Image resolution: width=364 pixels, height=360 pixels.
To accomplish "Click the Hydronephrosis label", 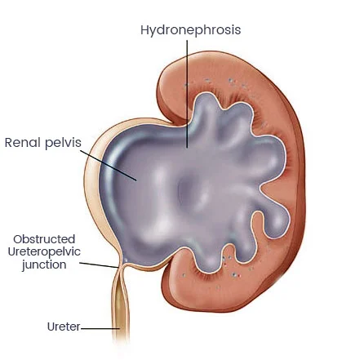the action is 190,30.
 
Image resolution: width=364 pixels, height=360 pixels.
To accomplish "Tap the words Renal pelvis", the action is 43,143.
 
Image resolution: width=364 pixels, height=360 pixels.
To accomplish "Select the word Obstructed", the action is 44,239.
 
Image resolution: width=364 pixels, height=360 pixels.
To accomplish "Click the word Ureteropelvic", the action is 44,251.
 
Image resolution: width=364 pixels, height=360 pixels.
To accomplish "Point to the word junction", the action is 44,264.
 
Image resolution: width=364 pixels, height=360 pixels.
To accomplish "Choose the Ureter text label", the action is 64,327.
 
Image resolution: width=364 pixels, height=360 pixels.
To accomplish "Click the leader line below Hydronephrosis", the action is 187,94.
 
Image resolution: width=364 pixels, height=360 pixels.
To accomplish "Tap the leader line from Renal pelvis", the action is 109,165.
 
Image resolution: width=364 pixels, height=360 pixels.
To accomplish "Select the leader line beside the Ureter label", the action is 100,328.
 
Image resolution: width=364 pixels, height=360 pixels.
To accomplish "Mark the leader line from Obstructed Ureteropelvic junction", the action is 99,265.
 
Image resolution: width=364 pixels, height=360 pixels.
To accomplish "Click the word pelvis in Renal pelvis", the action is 63,144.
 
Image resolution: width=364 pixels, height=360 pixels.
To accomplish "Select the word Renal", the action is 23,143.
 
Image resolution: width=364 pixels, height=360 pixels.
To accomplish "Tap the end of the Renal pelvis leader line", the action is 136,180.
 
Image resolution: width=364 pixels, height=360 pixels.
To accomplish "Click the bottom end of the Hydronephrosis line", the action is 187,147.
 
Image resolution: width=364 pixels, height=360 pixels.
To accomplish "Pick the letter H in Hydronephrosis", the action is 144,29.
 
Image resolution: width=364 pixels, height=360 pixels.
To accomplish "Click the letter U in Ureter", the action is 51,327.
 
